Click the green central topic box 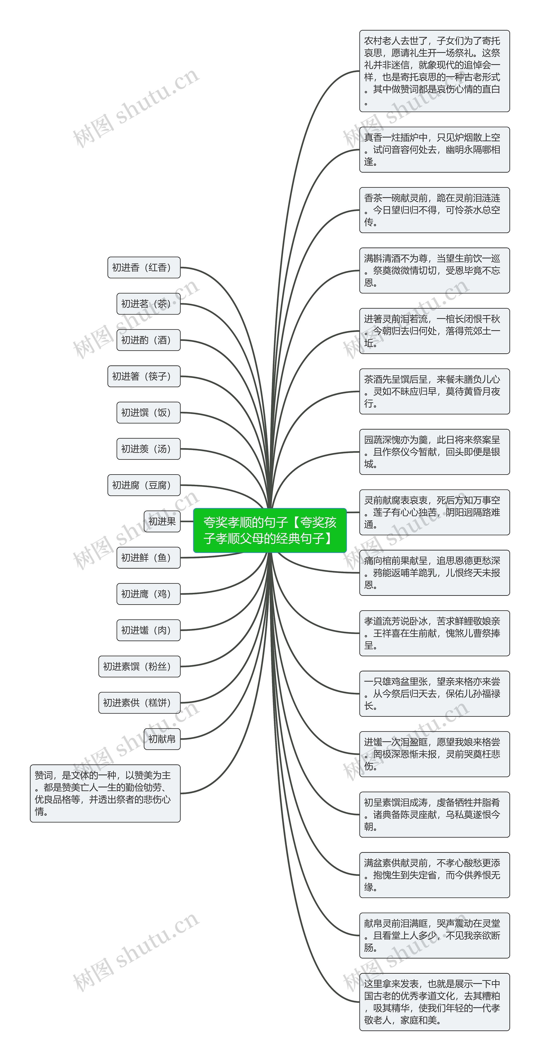click(x=270, y=530)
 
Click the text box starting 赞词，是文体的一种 click(x=105, y=793)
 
